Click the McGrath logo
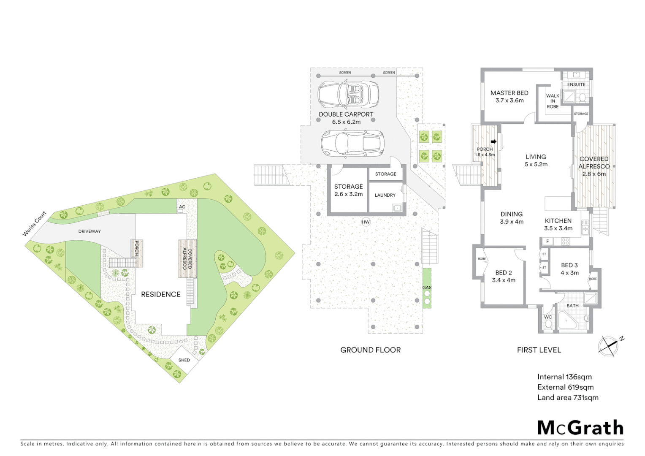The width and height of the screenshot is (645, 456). (x=580, y=428)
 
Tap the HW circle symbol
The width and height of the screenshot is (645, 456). (x=366, y=222)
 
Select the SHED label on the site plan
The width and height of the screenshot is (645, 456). (x=184, y=360)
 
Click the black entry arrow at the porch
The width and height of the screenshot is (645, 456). (x=493, y=142)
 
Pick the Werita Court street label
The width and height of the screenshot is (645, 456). (x=35, y=224)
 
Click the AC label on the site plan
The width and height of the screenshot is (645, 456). (x=182, y=207)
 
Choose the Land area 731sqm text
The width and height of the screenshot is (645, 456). (x=568, y=398)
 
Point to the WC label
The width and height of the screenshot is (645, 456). (x=548, y=317)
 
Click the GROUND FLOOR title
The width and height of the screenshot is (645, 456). (x=370, y=350)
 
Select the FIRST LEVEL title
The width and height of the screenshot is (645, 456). (x=539, y=350)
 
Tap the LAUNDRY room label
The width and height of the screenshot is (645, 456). (x=385, y=195)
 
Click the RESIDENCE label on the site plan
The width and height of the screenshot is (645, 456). (x=160, y=294)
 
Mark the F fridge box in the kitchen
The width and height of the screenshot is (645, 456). (x=547, y=242)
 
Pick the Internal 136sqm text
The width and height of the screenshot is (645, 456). (x=564, y=377)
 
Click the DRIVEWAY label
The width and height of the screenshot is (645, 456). (x=89, y=231)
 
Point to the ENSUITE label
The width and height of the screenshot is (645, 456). (x=576, y=84)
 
